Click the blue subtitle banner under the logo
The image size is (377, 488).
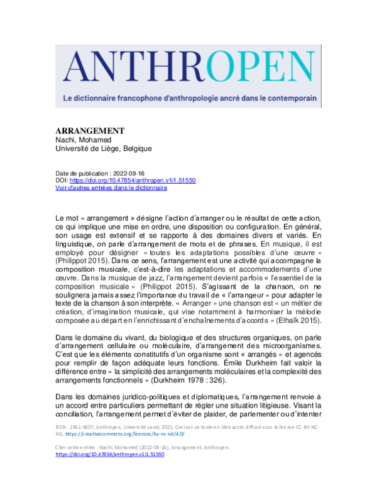(188, 99)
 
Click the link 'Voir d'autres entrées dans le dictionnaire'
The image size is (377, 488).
(111, 187)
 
